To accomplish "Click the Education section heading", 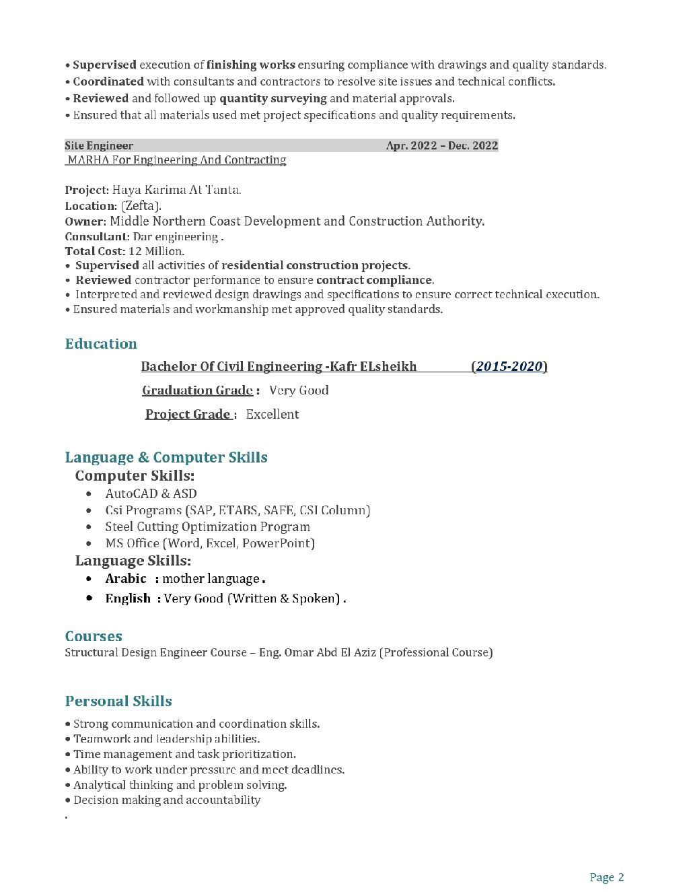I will click(101, 344).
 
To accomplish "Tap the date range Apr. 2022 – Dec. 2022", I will click(442, 145).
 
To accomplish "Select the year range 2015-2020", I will click(509, 366).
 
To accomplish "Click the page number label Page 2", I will click(606, 877).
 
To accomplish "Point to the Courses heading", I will click(94, 636).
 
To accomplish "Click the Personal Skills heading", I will click(118, 701).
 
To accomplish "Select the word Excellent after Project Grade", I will click(273, 414).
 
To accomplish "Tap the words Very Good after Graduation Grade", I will click(299, 390).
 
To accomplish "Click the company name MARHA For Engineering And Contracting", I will click(176, 160).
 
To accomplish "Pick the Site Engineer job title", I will click(99, 145).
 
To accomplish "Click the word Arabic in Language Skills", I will click(125, 578).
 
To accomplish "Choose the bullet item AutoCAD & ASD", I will click(151, 493).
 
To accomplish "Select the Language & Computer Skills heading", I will click(166, 457).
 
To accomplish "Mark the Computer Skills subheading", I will click(135, 476).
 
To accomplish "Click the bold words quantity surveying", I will click(273, 98).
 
